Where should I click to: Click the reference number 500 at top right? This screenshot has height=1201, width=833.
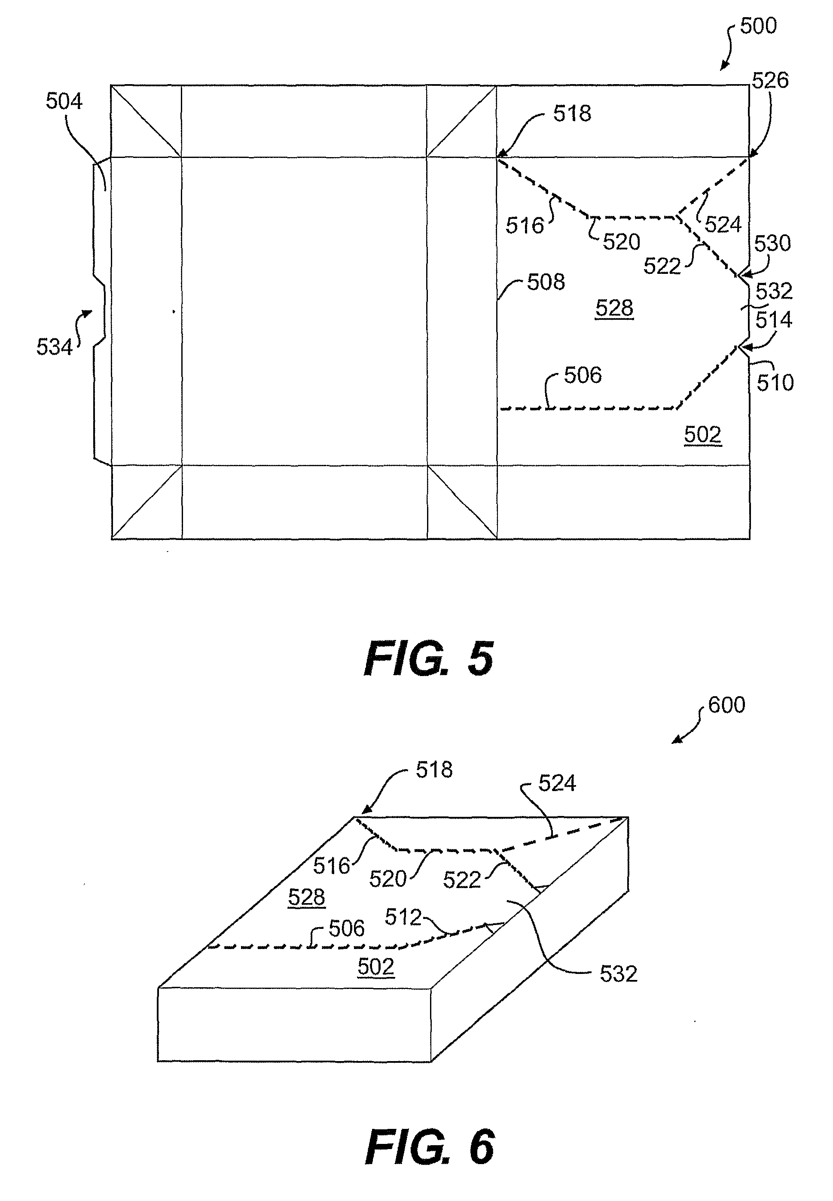click(x=758, y=26)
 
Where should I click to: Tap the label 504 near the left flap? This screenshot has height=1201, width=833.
click(x=64, y=101)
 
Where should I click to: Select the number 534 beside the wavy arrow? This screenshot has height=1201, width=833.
click(x=54, y=347)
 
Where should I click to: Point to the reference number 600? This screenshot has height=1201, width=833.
click(x=726, y=705)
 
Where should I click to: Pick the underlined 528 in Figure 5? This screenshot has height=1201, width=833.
click(x=614, y=308)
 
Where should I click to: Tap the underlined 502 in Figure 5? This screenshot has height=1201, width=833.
click(x=702, y=434)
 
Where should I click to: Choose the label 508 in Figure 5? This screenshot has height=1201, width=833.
click(x=546, y=282)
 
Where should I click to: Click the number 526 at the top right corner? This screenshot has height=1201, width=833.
click(x=770, y=80)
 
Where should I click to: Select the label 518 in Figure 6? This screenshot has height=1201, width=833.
click(x=434, y=770)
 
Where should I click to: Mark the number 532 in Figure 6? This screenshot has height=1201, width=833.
click(x=619, y=974)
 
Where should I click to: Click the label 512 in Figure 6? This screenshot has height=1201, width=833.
click(x=403, y=917)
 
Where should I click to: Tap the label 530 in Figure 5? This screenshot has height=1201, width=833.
click(x=772, y=243)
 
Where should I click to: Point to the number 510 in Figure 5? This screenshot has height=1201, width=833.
click(x=775, y=383)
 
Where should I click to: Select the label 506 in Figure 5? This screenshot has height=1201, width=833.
click(x=583, y=375)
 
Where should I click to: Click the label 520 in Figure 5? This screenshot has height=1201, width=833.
click(x=621, y=242)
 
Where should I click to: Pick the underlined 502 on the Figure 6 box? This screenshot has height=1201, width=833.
click(x=376, y=967)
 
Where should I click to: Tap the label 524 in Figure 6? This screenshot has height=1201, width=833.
click(x=557, y=783)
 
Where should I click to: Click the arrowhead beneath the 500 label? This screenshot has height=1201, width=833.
click(x=724, y=67)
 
